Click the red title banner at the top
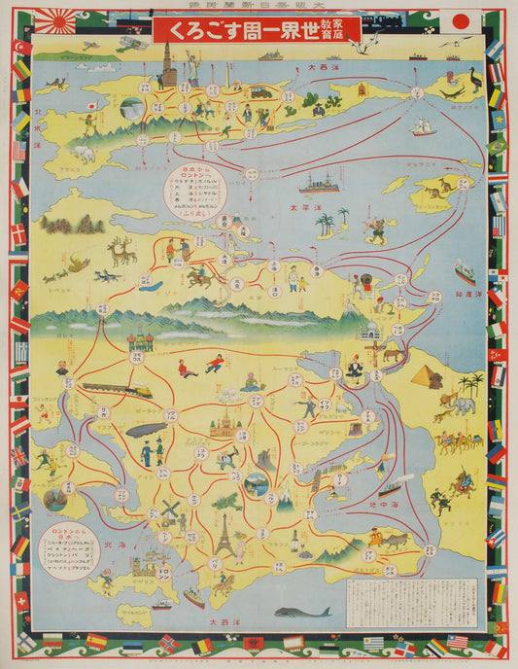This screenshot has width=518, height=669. click(256, 29)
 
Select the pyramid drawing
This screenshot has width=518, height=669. click(427, 376)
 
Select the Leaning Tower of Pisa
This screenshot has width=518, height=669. click(317, 479)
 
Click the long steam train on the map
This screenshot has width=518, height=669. click(117, 390)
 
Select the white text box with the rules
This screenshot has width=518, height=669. click(412, 604)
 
